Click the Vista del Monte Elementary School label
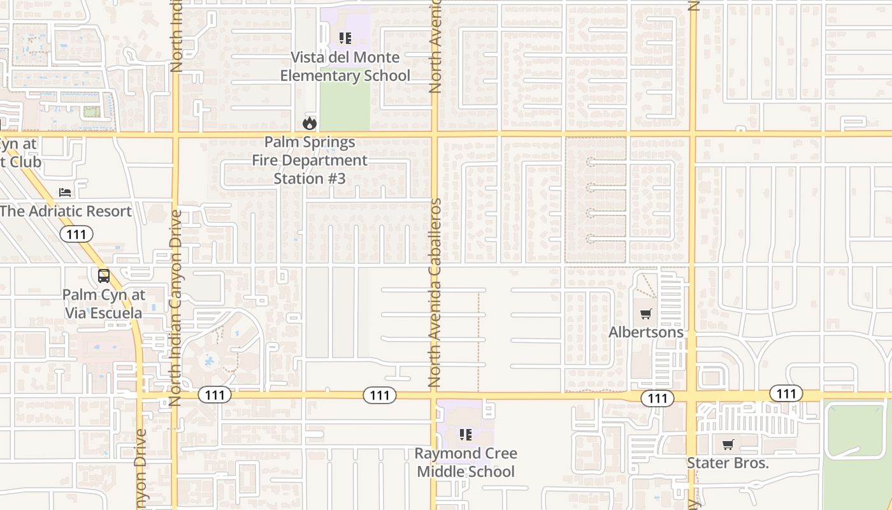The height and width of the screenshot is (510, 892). coord(345,66)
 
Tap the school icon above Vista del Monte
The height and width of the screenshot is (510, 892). coord(345,38)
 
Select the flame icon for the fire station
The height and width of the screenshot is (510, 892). coord(310,122)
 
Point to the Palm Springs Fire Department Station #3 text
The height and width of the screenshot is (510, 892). coord(310,160)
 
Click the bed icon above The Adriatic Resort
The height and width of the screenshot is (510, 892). coord(65,192)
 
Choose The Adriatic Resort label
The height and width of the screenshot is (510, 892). coord(66,211)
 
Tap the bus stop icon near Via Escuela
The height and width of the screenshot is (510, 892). coord(103,276)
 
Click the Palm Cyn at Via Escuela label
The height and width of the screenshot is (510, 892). coord(103,304)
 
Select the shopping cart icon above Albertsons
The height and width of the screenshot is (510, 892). coord(646,314)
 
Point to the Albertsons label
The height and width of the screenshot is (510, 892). coord(646,332)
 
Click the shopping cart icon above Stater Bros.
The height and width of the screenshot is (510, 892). coord(728,444)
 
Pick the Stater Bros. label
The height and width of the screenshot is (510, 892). coord(728,463)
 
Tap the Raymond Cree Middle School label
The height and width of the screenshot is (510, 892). coord(466,462)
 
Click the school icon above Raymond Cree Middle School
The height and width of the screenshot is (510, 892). coord(466,435)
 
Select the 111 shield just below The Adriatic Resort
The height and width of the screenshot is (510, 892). coord(76,234)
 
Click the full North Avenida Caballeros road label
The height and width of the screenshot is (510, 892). coord(435,293)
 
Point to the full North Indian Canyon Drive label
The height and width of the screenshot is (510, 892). coord(176,308)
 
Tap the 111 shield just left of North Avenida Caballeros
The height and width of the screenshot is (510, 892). coord(380,395)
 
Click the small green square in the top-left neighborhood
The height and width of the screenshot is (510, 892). coord(92,112)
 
